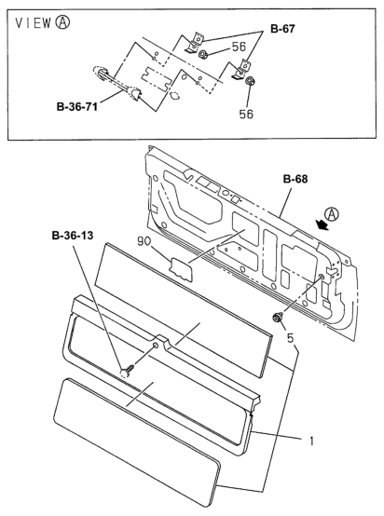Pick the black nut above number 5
tap(279, 318)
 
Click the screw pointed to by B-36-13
tap(127, 371)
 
